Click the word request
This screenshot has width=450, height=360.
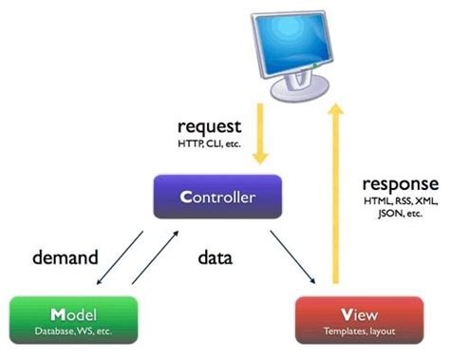(208, 125)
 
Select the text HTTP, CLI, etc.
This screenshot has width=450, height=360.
(208, 142)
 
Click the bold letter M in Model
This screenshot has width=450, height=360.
(58, 313)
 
